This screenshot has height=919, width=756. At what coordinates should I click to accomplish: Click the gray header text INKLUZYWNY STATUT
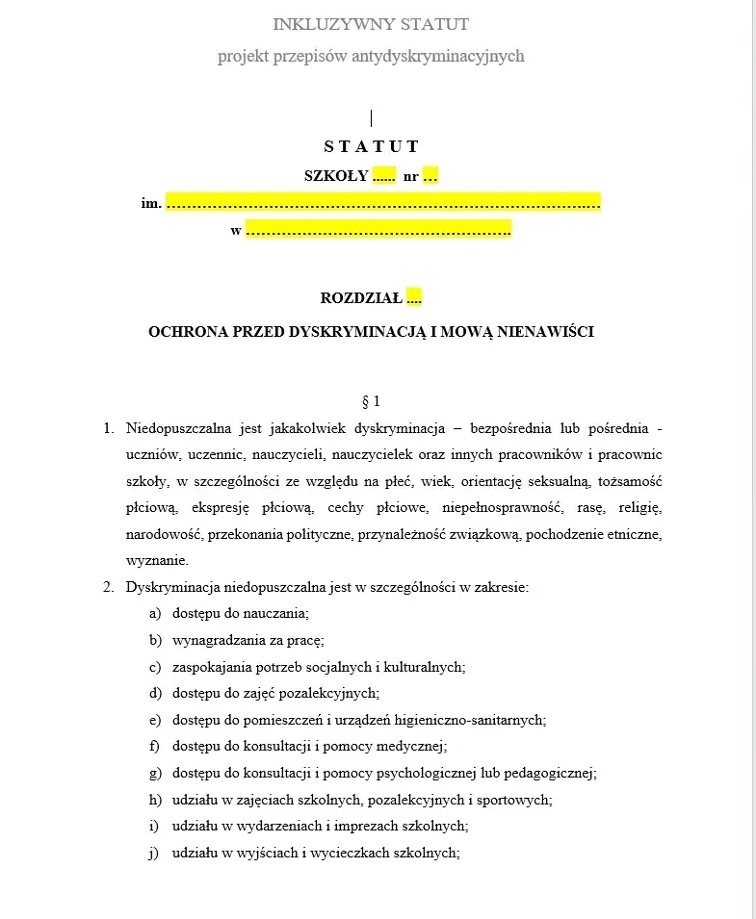pos(371,23)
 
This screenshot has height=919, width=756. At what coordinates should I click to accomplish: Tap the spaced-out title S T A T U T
pos(371,146)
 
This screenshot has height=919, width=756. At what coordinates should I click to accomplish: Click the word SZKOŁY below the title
pos(336,176)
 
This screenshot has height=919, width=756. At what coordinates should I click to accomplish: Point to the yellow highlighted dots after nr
pos(430,176)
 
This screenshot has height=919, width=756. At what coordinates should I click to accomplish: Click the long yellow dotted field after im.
pos(383,203)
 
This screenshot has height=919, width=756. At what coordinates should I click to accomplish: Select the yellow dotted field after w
pos(378,230)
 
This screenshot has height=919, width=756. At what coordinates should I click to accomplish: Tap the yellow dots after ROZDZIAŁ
pos(414,298)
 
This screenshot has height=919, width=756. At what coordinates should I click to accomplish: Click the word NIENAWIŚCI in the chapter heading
pos(547,332)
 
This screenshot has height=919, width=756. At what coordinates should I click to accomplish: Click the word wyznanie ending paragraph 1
pos(157,560)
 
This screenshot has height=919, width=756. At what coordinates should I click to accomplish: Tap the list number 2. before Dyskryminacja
pos(109,587)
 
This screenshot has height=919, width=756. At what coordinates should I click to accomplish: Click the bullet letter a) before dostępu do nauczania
pos(154,613)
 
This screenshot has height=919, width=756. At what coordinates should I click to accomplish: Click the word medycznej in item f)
pos(417,746)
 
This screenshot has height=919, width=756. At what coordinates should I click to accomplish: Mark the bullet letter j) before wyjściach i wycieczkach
pos(154,853)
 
